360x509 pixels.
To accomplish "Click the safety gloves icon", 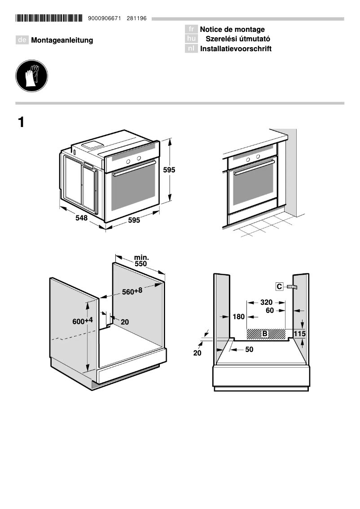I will pyautogui.click(x=31, y=76).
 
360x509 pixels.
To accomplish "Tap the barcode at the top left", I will pyautogui.click(x=49, y=18).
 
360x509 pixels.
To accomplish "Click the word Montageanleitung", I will pyautogui.click(x=62, y=40).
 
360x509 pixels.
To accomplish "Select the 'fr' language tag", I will pyautogui.click(x=191, y=30).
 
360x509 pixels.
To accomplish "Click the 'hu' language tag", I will pyautogui.click(x=191, y=39).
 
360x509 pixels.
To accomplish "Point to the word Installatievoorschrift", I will pyautogui.click(x=236, y=49).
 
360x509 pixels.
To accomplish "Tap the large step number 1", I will pyautogui.click(x=21, y=122).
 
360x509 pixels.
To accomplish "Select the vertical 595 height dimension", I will pyautogui.click(x=169, y=170).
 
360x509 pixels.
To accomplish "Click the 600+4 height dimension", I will pyautogui.click(x=83, y=321).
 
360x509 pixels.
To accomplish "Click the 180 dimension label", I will pyautogui.click(x=239, y=317).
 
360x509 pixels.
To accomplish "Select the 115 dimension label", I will pyautogui.click(x=299, y=333).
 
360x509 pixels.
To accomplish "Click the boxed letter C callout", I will pyautogui.click(x=279, y=286).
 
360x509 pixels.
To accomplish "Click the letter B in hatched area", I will pyautogui.click(x=265, y=333).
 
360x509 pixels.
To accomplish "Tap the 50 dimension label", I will pyautogui.click(x=249, y=349).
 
